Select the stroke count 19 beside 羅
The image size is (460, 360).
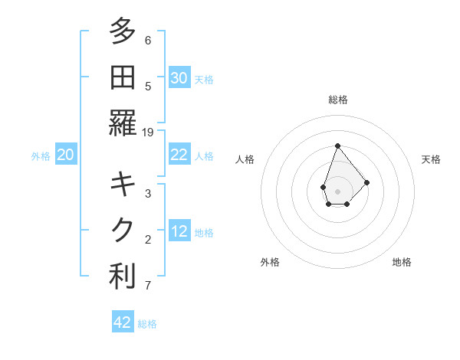(x=148, y=133)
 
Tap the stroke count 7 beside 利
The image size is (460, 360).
(x=148, y=286)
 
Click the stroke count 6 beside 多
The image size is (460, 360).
(x=148, y=41)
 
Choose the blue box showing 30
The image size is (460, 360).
(x=179, y=77)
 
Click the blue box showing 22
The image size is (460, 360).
(x=179, y=155)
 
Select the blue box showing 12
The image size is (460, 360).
(x=179, y=231)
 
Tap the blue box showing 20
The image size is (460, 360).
(x=66, y=155)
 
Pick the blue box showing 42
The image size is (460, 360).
(x=123, y=322)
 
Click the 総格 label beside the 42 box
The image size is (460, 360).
(x=148, y=324)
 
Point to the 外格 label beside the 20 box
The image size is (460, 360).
(x=41, y=156)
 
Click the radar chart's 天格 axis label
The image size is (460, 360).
(x=432, y=159)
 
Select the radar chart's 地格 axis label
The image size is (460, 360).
(x=402, y=262)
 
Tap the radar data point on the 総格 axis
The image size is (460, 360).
(x=337, y=146)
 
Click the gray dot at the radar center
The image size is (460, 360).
(x=337, y=190)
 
